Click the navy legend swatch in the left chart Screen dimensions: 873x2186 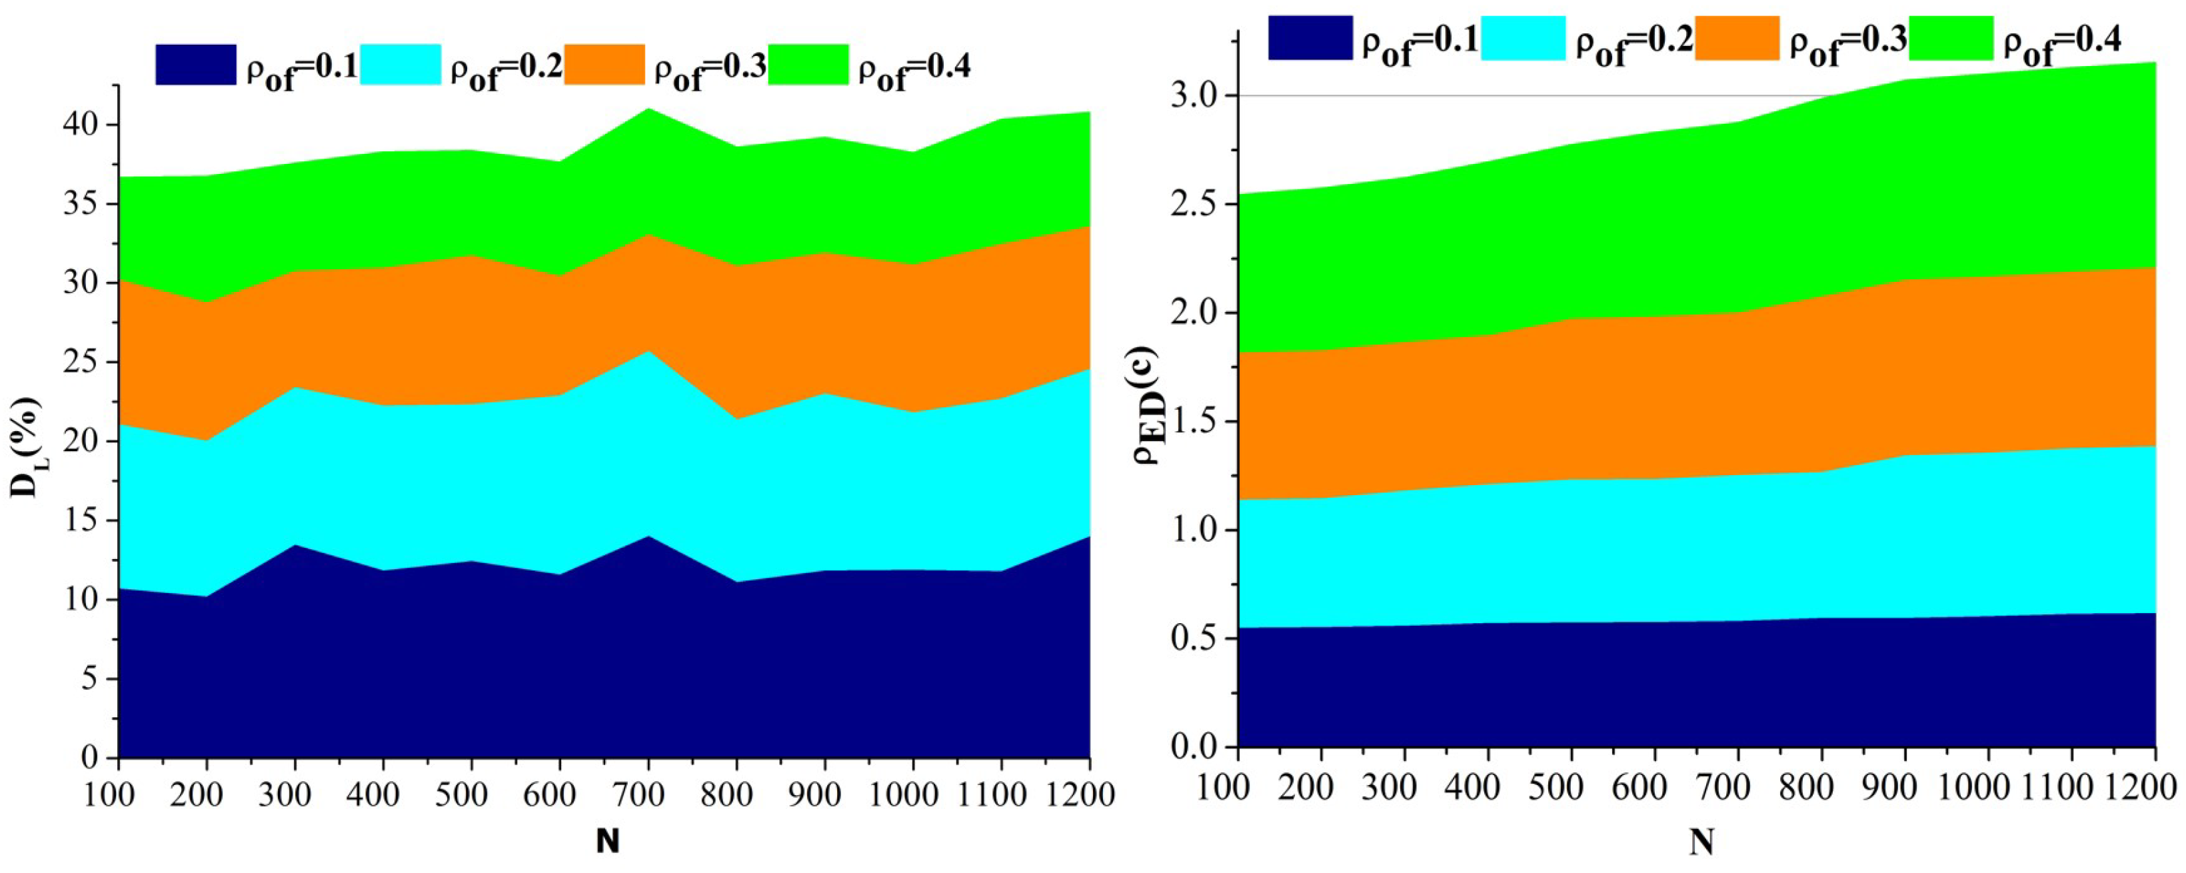[x=195, y=65]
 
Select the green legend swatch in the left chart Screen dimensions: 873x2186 [x=808, y=65]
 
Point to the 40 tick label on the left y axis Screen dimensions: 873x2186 [x=81, y=125]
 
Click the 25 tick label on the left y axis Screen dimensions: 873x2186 [x=81, y=363]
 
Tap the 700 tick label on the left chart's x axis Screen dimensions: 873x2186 [x=646, y=795]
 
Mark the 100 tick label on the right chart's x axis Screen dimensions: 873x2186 [x=1224, y=787]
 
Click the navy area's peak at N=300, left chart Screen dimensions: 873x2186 [x=294, y=546]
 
